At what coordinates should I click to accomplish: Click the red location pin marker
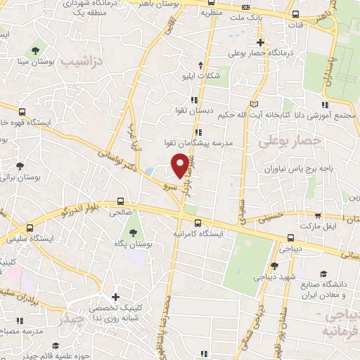(181, 165)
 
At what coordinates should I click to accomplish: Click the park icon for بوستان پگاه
(131, 233)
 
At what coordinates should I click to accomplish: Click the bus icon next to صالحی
(121, 200)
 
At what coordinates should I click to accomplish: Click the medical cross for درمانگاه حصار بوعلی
(260, 42)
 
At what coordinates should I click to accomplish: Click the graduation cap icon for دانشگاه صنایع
(323, 274)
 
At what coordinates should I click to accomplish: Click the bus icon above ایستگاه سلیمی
(30, 228)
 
